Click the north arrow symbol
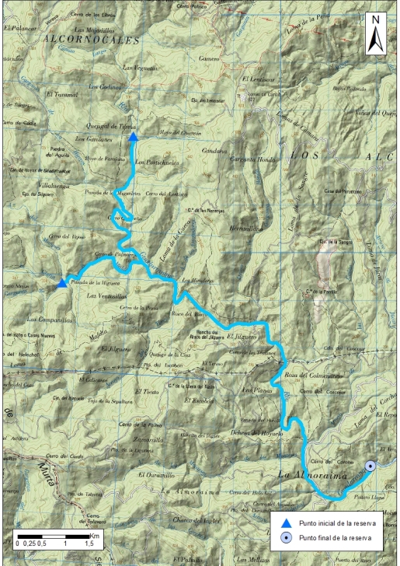375,35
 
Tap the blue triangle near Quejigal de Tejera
134,137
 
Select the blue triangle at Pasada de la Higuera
62,283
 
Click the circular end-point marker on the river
370,466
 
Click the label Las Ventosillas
106,296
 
